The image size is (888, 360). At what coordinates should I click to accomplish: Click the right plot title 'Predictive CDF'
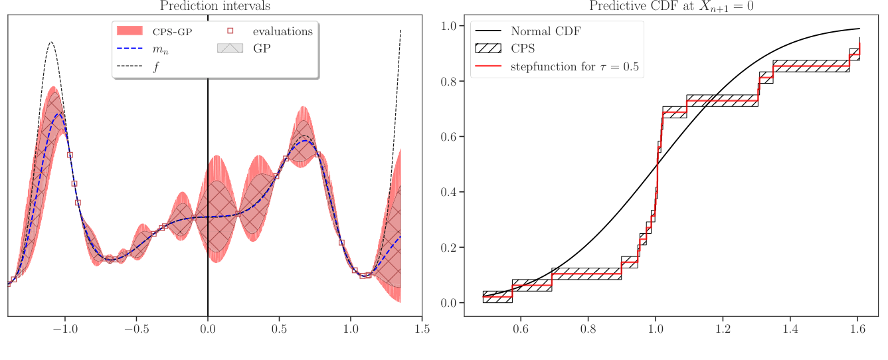(671, 7)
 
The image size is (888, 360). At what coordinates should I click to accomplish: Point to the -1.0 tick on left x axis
(64, 329)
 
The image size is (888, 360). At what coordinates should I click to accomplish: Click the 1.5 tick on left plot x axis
(422, 329)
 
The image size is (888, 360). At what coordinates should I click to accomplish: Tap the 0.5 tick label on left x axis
(279, 329)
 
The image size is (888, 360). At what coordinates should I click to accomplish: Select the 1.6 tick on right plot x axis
(857, 329)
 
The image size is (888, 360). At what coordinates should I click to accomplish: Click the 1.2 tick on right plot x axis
(723, 329)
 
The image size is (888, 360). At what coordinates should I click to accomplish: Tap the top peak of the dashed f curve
(51, 42)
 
